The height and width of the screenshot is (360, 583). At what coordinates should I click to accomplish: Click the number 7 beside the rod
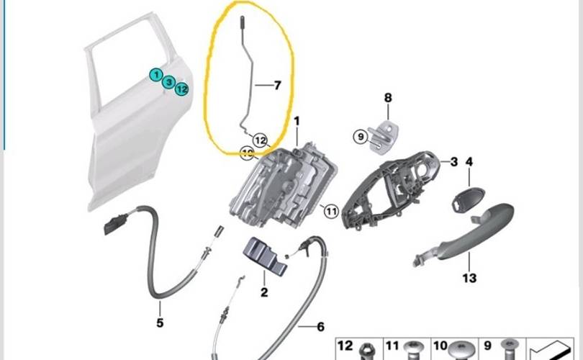click(278, 85)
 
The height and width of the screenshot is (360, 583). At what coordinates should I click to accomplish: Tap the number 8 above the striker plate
click(388, 98)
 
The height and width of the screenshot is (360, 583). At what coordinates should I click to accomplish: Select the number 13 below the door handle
click(469, 278)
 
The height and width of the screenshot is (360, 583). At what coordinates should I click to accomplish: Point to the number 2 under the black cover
click(264, 292)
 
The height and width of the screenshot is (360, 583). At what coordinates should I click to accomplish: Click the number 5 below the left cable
click(160, 323)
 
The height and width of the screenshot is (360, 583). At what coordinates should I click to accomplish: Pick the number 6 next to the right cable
click(320, 326)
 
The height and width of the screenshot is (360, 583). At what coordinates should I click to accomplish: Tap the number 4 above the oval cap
click(469, 163)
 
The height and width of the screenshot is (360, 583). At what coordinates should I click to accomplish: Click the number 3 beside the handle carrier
click(454, 162)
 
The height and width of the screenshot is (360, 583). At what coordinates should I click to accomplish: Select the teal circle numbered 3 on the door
click(168, 83)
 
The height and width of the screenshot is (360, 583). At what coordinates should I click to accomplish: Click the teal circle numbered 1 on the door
click(156, 73)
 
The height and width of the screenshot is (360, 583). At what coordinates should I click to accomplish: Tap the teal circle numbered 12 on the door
click(182, 89)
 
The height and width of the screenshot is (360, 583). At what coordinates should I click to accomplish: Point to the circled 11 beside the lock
click(330, 211)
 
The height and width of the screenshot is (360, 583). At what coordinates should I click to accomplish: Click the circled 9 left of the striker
click(360, 135)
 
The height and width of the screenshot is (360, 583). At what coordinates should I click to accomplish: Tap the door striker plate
click(386, 135)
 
